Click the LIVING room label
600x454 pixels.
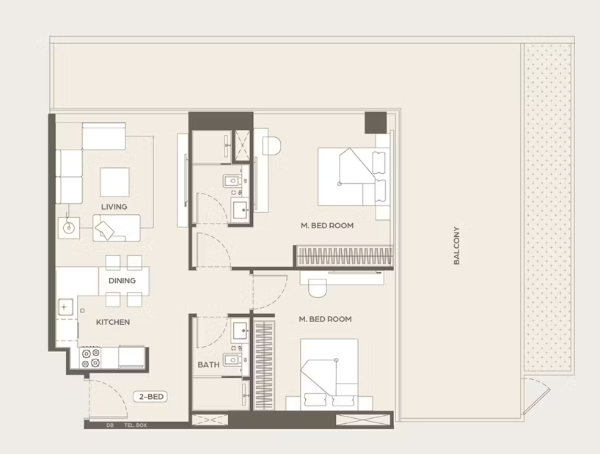114,207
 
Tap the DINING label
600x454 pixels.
122,281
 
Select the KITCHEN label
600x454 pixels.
113,322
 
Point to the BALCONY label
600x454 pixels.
456,246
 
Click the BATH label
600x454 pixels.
208,365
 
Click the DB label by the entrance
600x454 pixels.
110,425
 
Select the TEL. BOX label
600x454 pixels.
136,425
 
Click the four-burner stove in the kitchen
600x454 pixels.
91,358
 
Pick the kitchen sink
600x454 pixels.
65,307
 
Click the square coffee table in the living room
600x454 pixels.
115,182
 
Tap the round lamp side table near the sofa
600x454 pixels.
69,228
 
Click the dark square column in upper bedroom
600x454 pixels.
376,122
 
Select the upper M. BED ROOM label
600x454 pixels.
327,226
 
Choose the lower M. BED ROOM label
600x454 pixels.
325,319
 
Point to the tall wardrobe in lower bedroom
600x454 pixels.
264,365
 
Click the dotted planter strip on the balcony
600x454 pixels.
548,207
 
